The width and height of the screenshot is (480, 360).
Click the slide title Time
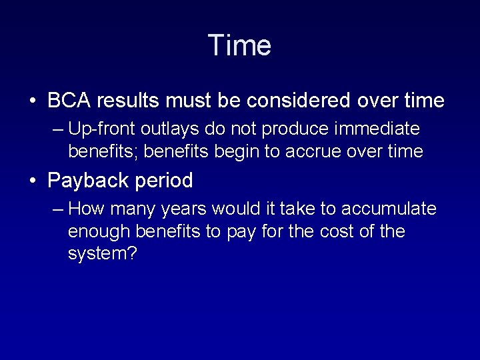pos(239,46)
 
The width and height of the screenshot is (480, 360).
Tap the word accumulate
pos(389,209)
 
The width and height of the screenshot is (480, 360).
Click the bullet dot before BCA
pos(32,101)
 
